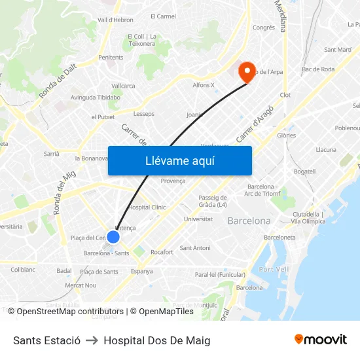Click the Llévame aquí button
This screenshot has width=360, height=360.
point(179,160)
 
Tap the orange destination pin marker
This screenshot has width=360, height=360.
point(247,72)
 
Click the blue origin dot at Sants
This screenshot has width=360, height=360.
point(113,237)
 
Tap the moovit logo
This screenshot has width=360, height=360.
point(320,339)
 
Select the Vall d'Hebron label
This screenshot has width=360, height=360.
point(115,20)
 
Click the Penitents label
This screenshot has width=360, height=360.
point(111,58)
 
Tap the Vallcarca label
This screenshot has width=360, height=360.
point(123,86)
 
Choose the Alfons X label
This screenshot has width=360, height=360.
point(204,85)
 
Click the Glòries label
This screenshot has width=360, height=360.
point(286,135)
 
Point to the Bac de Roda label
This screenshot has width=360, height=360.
point(318,69)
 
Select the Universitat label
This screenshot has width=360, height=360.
point(198,219)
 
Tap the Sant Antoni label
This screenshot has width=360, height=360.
point(195,248)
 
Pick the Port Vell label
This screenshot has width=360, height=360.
point(274,269)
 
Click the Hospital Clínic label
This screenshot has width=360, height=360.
point(147,207)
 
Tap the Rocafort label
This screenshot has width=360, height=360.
point(162,252)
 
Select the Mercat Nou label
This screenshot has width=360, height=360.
point(81,285)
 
